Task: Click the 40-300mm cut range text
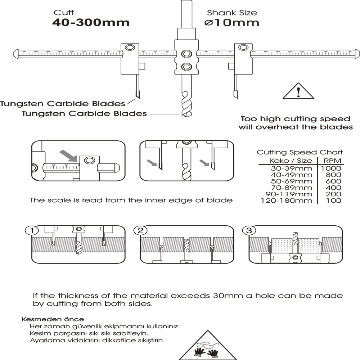click(x=91, y=23)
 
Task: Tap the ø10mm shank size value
click(x=232, y=23)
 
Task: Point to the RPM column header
click(x=332, y=161)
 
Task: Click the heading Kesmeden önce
click(x=53, y=319)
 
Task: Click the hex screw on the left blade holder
click(x=129, y=48)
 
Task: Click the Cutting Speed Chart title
click(x=300, y=152)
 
